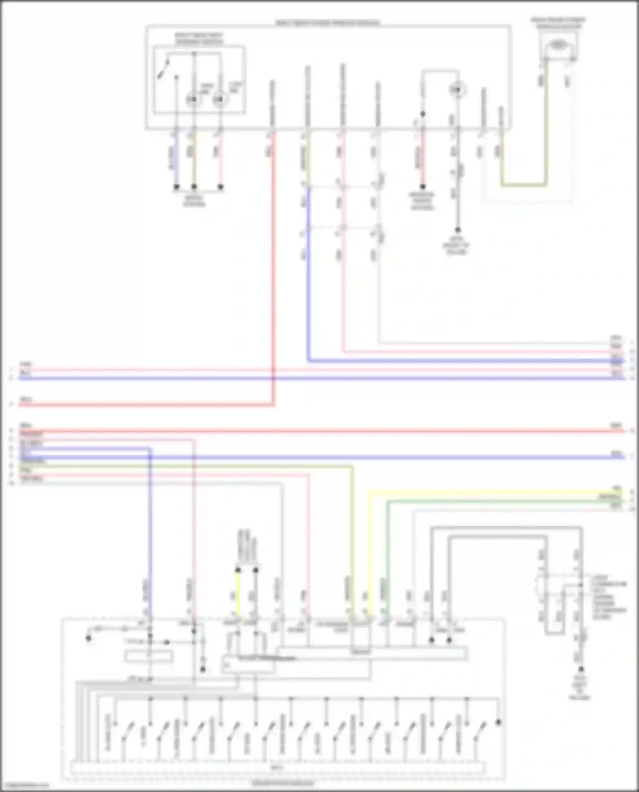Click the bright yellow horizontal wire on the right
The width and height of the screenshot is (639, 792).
490,493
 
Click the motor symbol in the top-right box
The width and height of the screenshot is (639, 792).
558,44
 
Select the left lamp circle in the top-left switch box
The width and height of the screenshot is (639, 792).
193,100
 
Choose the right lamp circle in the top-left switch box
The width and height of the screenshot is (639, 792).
219,100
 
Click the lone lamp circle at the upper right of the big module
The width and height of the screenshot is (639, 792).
457,90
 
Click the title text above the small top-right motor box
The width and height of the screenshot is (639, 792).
558,23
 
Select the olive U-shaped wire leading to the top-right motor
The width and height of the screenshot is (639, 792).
524,185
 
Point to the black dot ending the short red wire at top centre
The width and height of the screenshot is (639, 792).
423,187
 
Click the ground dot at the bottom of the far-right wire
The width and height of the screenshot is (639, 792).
581,669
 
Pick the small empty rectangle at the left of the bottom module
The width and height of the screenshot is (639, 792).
149,657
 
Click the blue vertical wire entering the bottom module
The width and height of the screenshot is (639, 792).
150,532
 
